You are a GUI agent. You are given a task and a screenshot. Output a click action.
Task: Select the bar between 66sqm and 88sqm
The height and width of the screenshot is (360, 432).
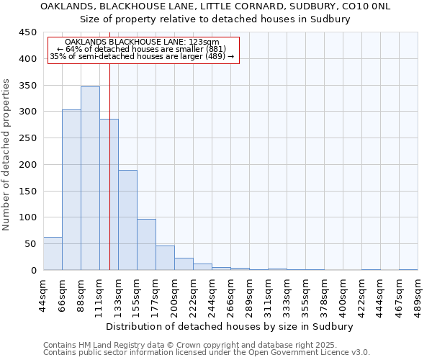pos(71,190)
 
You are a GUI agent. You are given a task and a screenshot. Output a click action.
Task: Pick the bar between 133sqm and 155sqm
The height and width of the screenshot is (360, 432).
pos(127,220)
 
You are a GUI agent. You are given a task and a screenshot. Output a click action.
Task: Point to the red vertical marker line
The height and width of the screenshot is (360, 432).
pos(109,144)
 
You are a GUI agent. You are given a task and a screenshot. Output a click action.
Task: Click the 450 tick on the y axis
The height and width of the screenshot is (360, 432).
pos(28,32)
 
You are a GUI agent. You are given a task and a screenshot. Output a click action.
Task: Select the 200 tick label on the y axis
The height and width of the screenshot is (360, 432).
pos(28,165)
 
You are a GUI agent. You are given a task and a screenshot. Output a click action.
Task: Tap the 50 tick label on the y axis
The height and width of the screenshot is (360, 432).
pos(31,244)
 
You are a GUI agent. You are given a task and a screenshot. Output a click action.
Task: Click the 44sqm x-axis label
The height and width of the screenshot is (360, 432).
pos(44,295)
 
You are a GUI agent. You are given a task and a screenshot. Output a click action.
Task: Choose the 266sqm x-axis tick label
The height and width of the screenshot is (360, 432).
pos(231,295)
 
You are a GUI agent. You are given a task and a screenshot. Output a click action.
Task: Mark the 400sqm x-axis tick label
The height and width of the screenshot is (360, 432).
pos(343,295)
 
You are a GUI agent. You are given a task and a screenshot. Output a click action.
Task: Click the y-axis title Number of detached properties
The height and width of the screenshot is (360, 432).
pos(7,155)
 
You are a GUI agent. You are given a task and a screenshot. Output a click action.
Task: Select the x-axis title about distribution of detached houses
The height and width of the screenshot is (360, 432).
pos(230,326)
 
